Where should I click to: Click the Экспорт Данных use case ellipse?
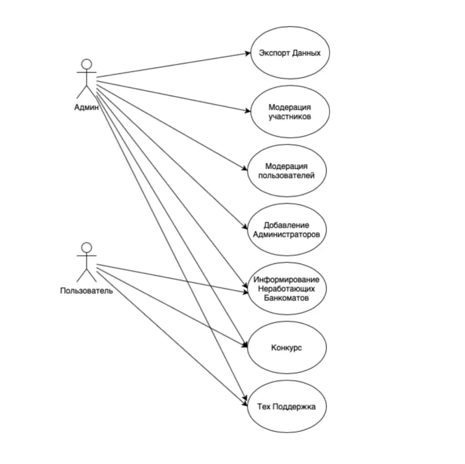pyautogui.click(x=290, y=53)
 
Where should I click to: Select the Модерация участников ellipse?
pyautogui.click(x=290, y=111)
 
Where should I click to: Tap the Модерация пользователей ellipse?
pyautogui.click(x=287, y=170)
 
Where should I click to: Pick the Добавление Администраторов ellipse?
pyautogui.click(x=287, y=229)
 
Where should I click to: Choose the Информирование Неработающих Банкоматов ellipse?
pyautogui.click(x=287, y=288)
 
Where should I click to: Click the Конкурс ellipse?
pyautogui.click(x=287, y=347)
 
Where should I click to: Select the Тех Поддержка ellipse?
pyautogui.click(x=287, y=406)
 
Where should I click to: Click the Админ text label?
pyautogui.click(x=86, y=108)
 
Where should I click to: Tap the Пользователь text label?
pyautogui.click(x=87, y=291)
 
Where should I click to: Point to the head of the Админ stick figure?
pyautogui.click(x=87, y=65)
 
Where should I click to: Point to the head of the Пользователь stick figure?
pyautogui.click(x=87, y=247)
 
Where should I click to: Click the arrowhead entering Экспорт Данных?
pyautogui.click(x=248, y=53)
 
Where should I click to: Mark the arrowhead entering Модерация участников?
pyautogui.click(x=248, y=111)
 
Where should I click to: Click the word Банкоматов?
pyautogui.click(x=286, y=297)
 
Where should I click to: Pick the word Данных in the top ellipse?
pyautogui.click(x=306, y=53)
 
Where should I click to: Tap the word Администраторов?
pyautogui.click(x=286, y=235)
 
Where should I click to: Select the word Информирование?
pyautogui.click(x=286, y=279)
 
